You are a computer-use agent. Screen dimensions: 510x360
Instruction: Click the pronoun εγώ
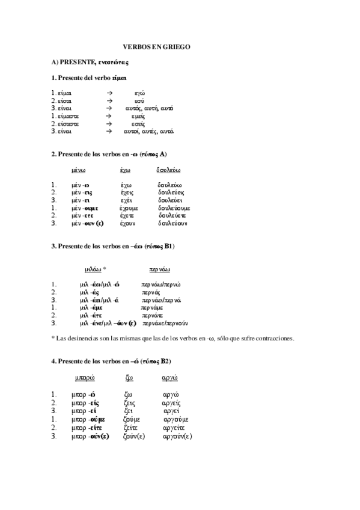tap(140, 93)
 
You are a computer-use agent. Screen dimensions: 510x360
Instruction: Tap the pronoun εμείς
tap(141, 115)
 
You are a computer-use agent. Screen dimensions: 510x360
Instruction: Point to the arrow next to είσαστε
tap(109, 123)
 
